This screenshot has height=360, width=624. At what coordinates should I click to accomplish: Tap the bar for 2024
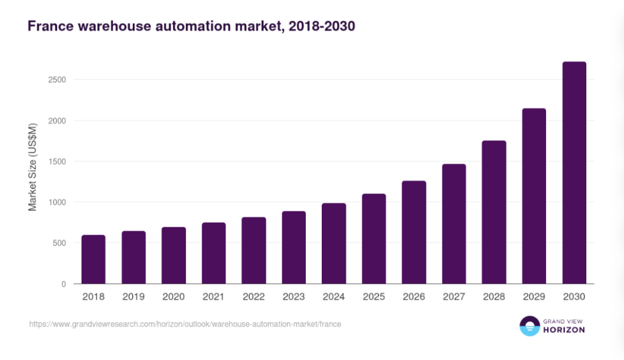click(334, 244)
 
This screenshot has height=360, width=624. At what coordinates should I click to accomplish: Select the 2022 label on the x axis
click(253, 297)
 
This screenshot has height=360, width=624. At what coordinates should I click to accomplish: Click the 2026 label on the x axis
click(414, 297)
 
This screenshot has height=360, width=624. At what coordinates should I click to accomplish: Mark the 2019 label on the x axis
click(133, 297)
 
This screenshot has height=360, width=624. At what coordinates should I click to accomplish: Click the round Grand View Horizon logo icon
click(530, 326)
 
